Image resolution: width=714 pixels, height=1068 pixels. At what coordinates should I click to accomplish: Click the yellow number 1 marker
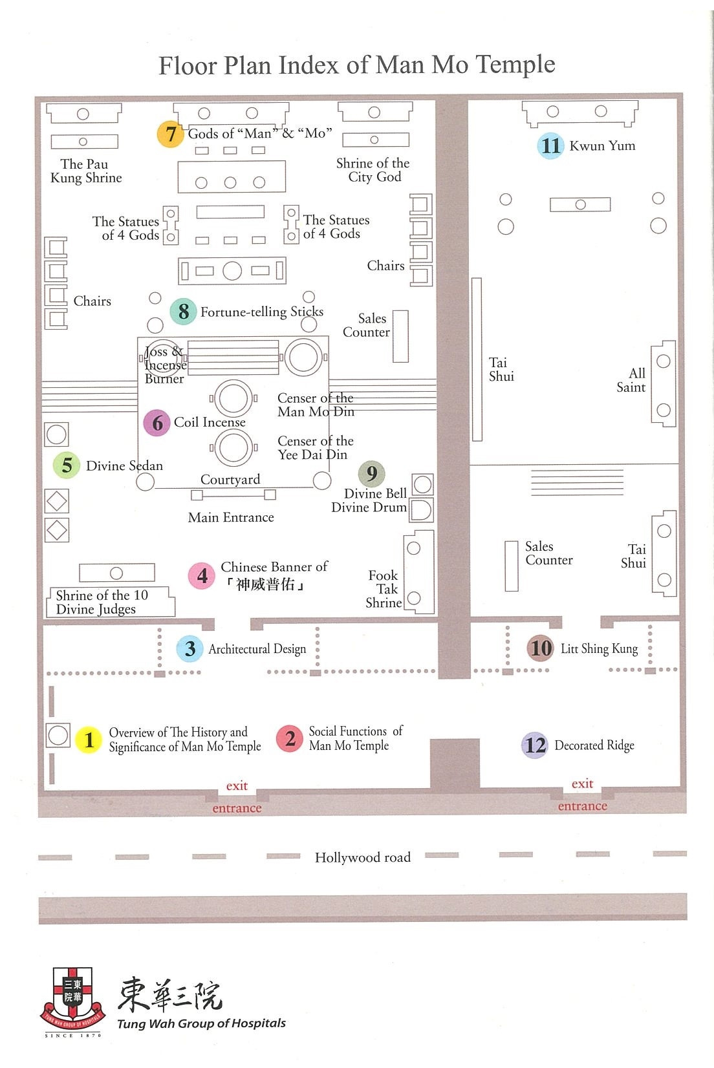tap(89, 740)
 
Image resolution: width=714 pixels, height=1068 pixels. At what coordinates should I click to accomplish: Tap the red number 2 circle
tap(290, 738)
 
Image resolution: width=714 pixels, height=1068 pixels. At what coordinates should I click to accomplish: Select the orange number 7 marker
tap(171, 134)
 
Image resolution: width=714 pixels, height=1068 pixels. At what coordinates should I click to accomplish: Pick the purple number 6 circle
tap(157, 423)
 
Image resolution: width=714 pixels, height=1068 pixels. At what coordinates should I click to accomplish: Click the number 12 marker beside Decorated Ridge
tap(535, 745)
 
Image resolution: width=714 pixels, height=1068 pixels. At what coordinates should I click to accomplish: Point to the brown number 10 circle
tap(541, 648)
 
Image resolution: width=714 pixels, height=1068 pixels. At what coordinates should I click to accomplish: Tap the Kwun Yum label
tap(602, 145)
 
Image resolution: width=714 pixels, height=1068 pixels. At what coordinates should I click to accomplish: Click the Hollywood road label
tap(362, 857)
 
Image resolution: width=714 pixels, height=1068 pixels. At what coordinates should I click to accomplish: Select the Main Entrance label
tap(231, 517)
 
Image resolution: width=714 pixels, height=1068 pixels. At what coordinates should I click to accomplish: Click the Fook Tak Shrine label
tap(384, 589)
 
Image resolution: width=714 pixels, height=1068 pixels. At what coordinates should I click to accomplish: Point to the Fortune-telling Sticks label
tap(261, 312)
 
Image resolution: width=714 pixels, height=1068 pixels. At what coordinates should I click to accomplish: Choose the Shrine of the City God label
tap(373, 170)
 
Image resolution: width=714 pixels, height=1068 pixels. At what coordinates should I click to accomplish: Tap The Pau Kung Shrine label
tap(86, 171)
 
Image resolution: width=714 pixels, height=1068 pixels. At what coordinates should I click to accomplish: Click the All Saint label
tap(631, 380)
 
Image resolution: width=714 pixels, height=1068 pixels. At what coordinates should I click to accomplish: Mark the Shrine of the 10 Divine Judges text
tap(102, 602)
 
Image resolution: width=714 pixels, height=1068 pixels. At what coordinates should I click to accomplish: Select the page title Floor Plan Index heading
tap(357, 65)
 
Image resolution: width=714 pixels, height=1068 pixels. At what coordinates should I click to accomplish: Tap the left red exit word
tap(237, 785)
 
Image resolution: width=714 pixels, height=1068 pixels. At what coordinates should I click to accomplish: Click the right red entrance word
tap(582, 806)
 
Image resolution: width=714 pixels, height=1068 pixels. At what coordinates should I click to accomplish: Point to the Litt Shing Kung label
tap(599, 648)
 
